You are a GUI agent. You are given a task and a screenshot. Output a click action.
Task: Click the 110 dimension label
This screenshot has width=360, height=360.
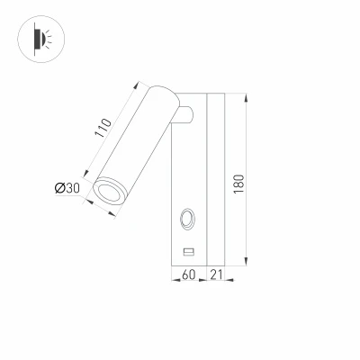tap(103, 128)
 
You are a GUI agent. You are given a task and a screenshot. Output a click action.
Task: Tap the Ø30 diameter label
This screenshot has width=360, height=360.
tap(67, 188)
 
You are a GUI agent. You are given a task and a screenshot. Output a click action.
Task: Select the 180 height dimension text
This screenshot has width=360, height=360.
tap(239, 184)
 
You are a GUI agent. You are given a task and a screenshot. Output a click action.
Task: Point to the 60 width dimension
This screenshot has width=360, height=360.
tap(189, 274)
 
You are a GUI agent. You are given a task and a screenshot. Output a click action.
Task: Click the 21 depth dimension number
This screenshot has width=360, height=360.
tap(216, 274)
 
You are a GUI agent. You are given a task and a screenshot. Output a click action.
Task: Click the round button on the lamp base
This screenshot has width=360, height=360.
tap(188, 220)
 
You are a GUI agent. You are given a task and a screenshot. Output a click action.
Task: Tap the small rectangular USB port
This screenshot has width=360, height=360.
tap(189, 252)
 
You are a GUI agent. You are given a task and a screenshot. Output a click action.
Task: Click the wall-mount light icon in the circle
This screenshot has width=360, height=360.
tap(41, 40)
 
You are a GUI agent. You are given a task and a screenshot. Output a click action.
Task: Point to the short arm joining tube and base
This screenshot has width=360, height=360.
tap(185, 115)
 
